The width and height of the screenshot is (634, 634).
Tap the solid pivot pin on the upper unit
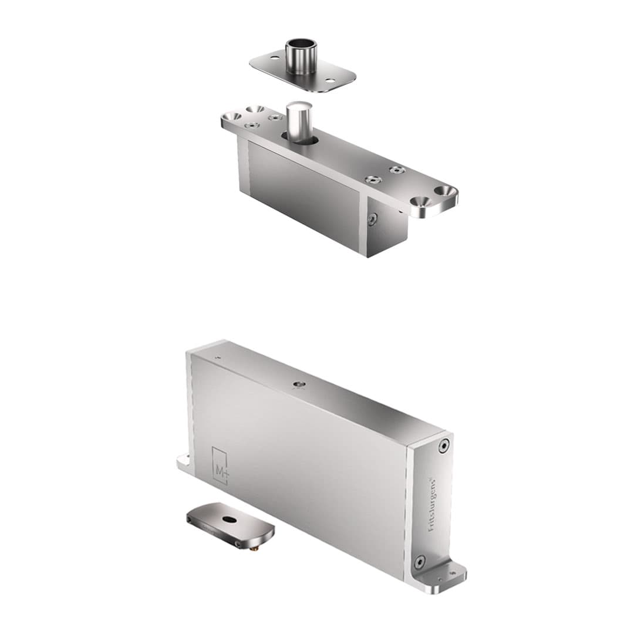tap(299, 120)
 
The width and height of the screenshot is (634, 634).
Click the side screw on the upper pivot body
tap(372, 220)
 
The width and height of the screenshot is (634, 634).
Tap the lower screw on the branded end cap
tap(419, 562)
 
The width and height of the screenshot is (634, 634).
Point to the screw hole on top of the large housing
tap(298, 385)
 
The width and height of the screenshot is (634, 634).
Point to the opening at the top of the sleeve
tap(301, 45)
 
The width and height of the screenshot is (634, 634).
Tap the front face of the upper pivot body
tap(302, 194)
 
